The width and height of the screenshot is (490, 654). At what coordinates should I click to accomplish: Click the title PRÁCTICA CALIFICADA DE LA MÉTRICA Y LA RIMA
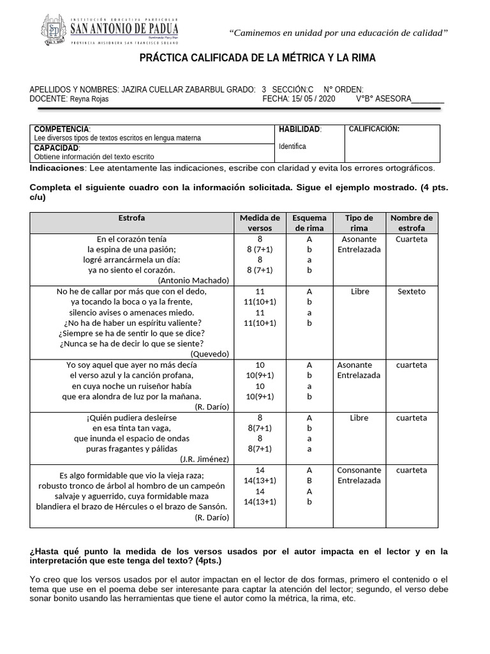pyautogui.click(x=258, y=58)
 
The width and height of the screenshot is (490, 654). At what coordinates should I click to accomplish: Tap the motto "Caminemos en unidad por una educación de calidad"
pyautogui.click(x=338, y=33)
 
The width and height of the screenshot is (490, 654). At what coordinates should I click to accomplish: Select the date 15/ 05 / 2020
pyautogui.click(x=312, y=99)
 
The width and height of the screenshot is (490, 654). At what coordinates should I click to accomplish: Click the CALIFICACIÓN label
pyautogui.click(x=374, y=129)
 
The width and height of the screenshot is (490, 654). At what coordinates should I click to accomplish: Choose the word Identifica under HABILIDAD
pyautogui.click(x=292, y=146)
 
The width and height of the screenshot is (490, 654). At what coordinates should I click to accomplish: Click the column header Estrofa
pyautogui.click(x=131, y=218)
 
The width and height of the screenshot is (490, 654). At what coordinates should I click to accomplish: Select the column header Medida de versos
pyautogui.click(x=260, y=223)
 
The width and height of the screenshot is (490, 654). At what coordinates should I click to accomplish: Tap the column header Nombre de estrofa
pyautogui.click(x=412, y=223)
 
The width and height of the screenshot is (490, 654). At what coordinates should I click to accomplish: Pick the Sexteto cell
pyautogui.click(x=412, y=291)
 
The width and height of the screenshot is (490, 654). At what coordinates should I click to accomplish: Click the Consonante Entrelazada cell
pyautogui.click(x=359, y=475)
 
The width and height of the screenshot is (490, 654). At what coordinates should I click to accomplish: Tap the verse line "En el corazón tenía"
pyautogui.click(x=131, y=240)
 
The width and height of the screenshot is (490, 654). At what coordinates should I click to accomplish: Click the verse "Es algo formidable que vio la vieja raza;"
pyautogui.click(x=131, y=475)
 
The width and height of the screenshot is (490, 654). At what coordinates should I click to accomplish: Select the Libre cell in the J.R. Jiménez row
pyautogui.click(x=359, y=418)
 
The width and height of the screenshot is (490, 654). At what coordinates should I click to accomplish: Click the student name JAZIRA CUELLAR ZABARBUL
pyautogui.click(x=172, y=90)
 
